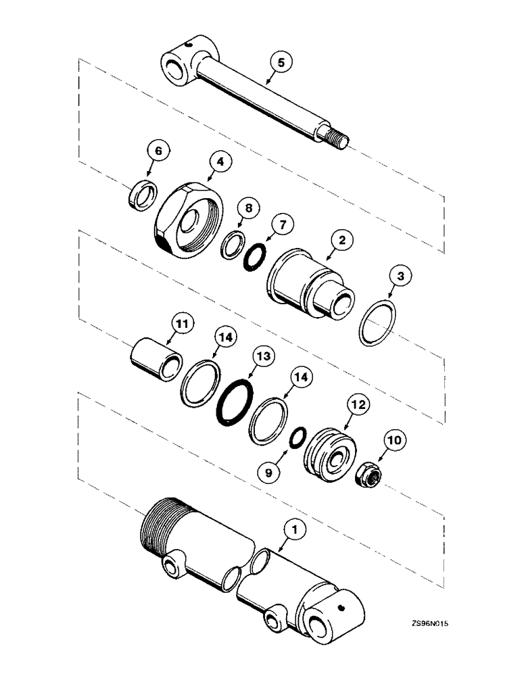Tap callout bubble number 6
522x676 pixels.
click(x=158, y=152)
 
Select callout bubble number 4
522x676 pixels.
click(x=220, y=162)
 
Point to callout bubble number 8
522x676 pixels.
click(x=249, y=209)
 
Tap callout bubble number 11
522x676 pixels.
click(x=182, y=325)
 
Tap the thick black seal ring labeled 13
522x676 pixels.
click(x=232, y=404)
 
